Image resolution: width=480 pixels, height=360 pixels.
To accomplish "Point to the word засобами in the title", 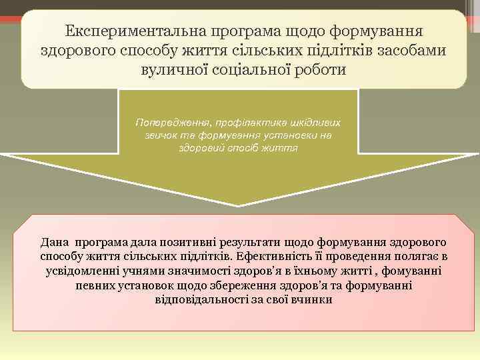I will click(x=409, y=50).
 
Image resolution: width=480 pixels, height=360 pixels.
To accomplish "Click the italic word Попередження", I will click(x=170, y=123).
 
